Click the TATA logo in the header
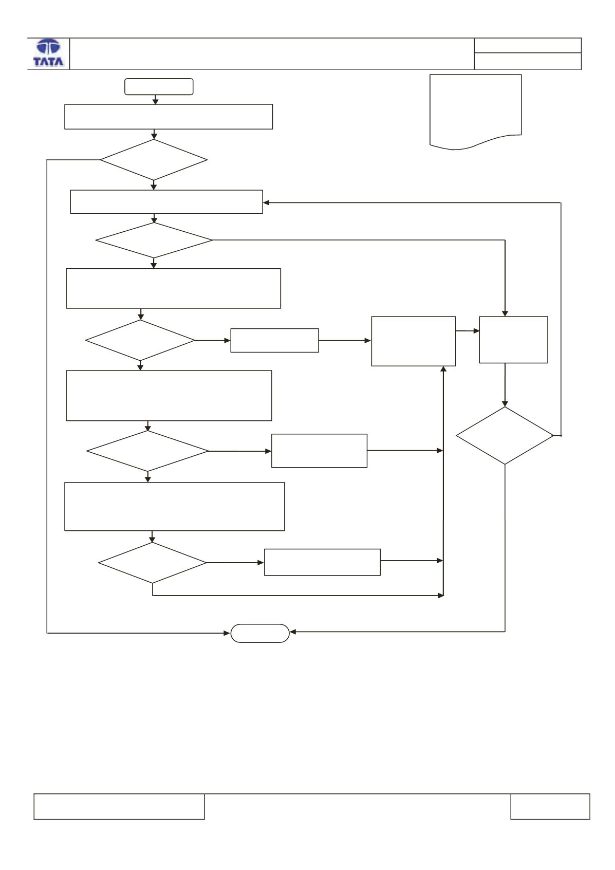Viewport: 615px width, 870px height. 48,53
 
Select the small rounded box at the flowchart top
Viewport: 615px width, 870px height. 159,87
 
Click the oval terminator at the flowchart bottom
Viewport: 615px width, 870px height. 260,633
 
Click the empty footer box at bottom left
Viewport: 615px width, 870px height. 119,807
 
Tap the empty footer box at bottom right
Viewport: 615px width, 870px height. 550,807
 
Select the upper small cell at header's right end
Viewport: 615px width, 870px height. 528,45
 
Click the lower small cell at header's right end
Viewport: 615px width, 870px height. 528,61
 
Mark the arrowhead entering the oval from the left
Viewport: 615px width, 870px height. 227,633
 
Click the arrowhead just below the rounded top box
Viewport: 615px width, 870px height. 155,101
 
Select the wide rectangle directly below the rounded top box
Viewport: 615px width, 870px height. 169,117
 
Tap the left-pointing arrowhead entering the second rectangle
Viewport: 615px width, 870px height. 266,203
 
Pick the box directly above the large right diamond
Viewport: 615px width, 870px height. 513,340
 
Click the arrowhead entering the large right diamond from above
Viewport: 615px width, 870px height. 505,404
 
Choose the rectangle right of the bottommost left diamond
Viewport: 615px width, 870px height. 322,562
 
